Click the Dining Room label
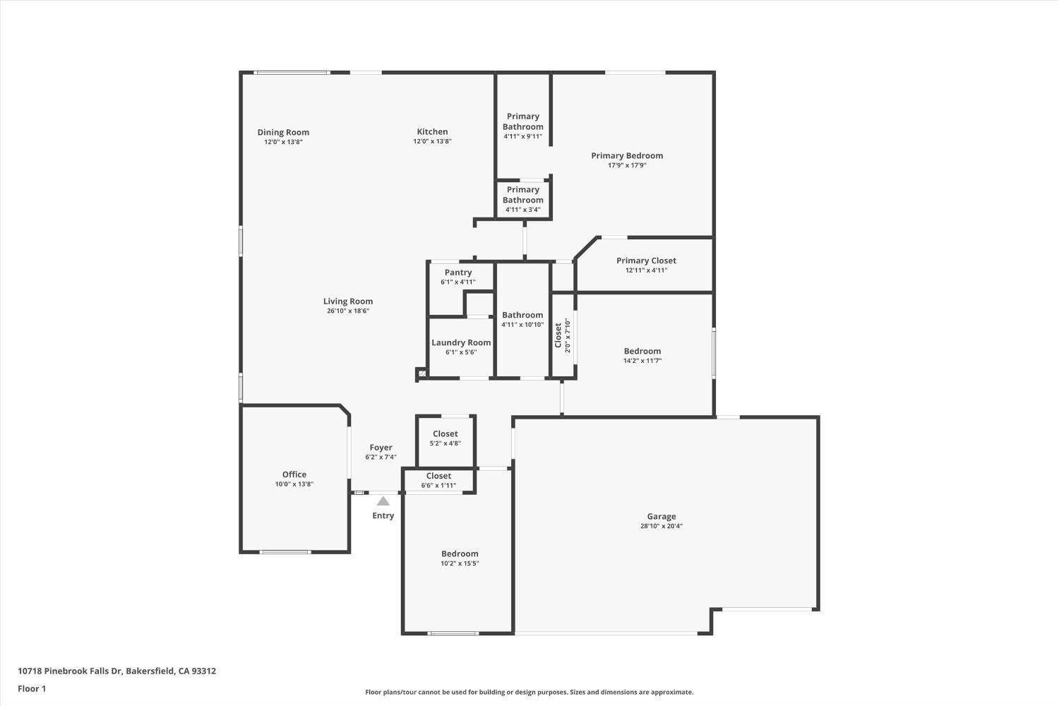click(283, 132)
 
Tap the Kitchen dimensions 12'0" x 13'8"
click(432, 141)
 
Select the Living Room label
click(348, 301)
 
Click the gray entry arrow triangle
click(383, 501)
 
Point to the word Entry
click(383, 515)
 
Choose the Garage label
click(662, 516)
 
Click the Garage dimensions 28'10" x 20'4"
click(662, 526)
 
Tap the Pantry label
click(458, 273)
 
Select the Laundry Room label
click(461, 342)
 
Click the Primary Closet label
click(646, 261)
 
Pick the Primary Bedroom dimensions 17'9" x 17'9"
click(627, 165)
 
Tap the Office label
click(294, 474)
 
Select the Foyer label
click(381, 448)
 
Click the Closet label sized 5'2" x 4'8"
click(445, 434)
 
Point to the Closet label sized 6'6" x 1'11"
click(438, 477)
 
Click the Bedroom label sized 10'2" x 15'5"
click(460, 554)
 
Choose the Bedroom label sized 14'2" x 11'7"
click(642, 351)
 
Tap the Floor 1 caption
click(32, 688)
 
